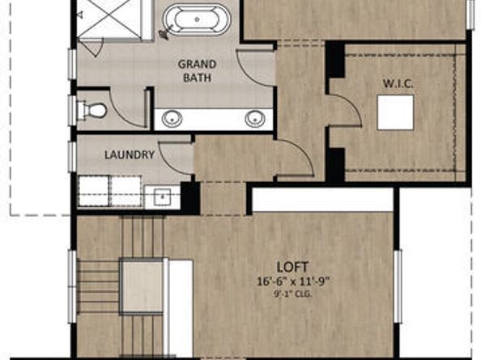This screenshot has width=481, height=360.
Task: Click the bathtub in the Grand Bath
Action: point(194,19)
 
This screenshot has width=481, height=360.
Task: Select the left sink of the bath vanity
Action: point(172,118)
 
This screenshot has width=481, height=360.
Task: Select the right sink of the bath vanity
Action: point(254,118)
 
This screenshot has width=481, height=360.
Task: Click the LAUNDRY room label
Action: point(130,155)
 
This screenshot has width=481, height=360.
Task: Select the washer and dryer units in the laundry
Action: point(111,191)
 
